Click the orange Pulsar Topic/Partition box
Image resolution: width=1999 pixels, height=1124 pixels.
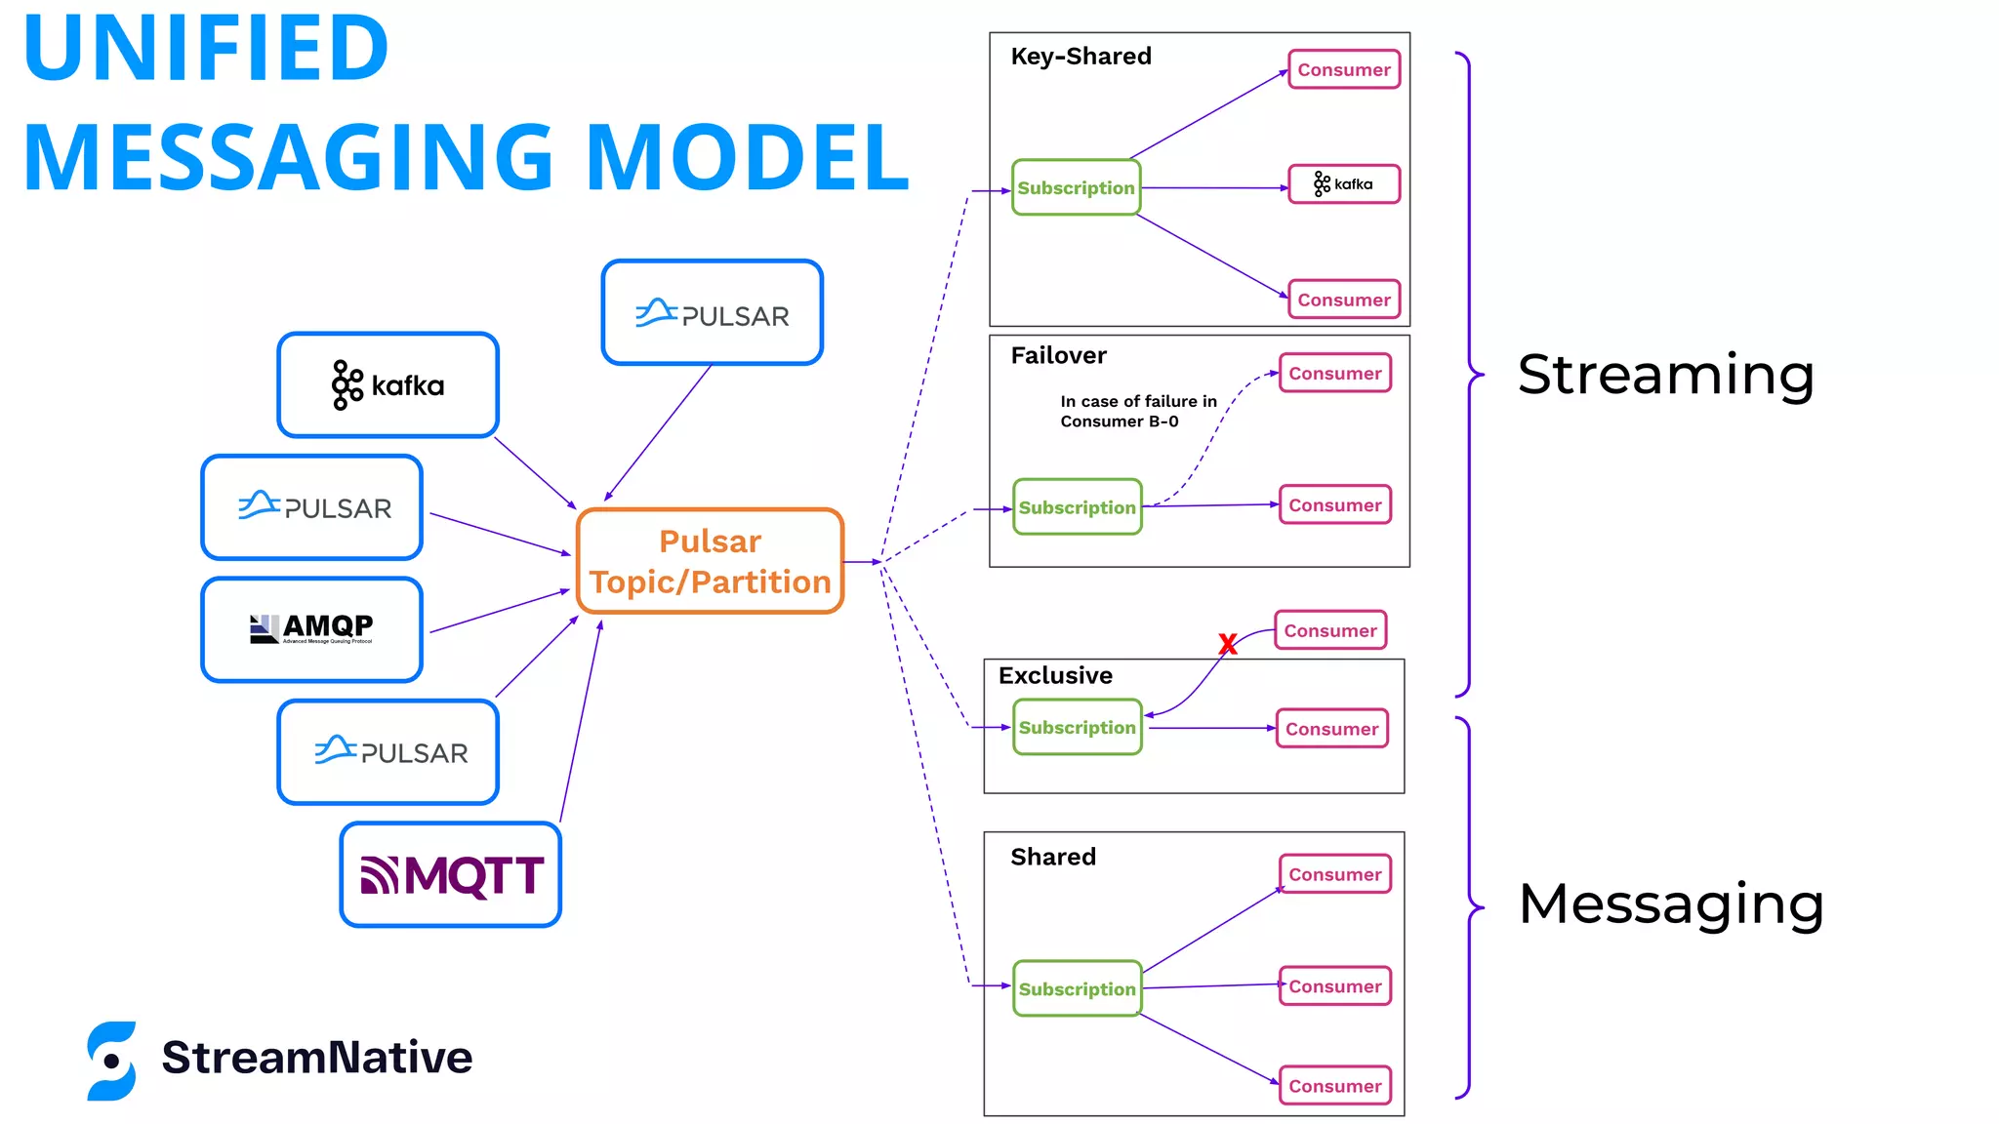coord(710,561)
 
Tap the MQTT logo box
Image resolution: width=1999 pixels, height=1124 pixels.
coord(451,874)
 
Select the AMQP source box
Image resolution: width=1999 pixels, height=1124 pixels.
coord(311,629)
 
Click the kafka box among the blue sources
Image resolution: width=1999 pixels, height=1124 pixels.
coord(388,385)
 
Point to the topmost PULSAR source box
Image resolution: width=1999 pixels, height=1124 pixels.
coord(712,313)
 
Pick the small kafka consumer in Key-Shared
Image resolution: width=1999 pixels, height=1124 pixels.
coord(1344,184)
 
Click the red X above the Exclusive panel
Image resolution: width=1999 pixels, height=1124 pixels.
coord(1228,644)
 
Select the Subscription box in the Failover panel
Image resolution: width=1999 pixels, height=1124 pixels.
coord(1077,507)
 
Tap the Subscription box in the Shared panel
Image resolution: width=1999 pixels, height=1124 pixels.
coord(1077,988)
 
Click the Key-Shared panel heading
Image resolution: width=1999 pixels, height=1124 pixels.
coord(1081,57)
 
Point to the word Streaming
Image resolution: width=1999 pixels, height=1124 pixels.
coord(1665,375)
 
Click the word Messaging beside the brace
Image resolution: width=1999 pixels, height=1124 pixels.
coord(1670,903)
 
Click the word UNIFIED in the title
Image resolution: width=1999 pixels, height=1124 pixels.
coord(206,48)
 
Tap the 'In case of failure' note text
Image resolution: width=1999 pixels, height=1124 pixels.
coord(1138,411)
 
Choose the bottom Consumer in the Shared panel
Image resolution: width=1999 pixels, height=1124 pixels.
coord(1334,1086)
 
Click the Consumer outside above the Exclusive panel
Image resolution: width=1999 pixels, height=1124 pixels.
coord(1329,630)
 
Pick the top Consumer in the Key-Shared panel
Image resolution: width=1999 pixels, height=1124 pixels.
coord(1343,70)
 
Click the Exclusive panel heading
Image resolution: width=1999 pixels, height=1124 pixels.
coord(1055,675)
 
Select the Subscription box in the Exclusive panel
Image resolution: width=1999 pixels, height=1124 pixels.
coord(1077,728)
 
